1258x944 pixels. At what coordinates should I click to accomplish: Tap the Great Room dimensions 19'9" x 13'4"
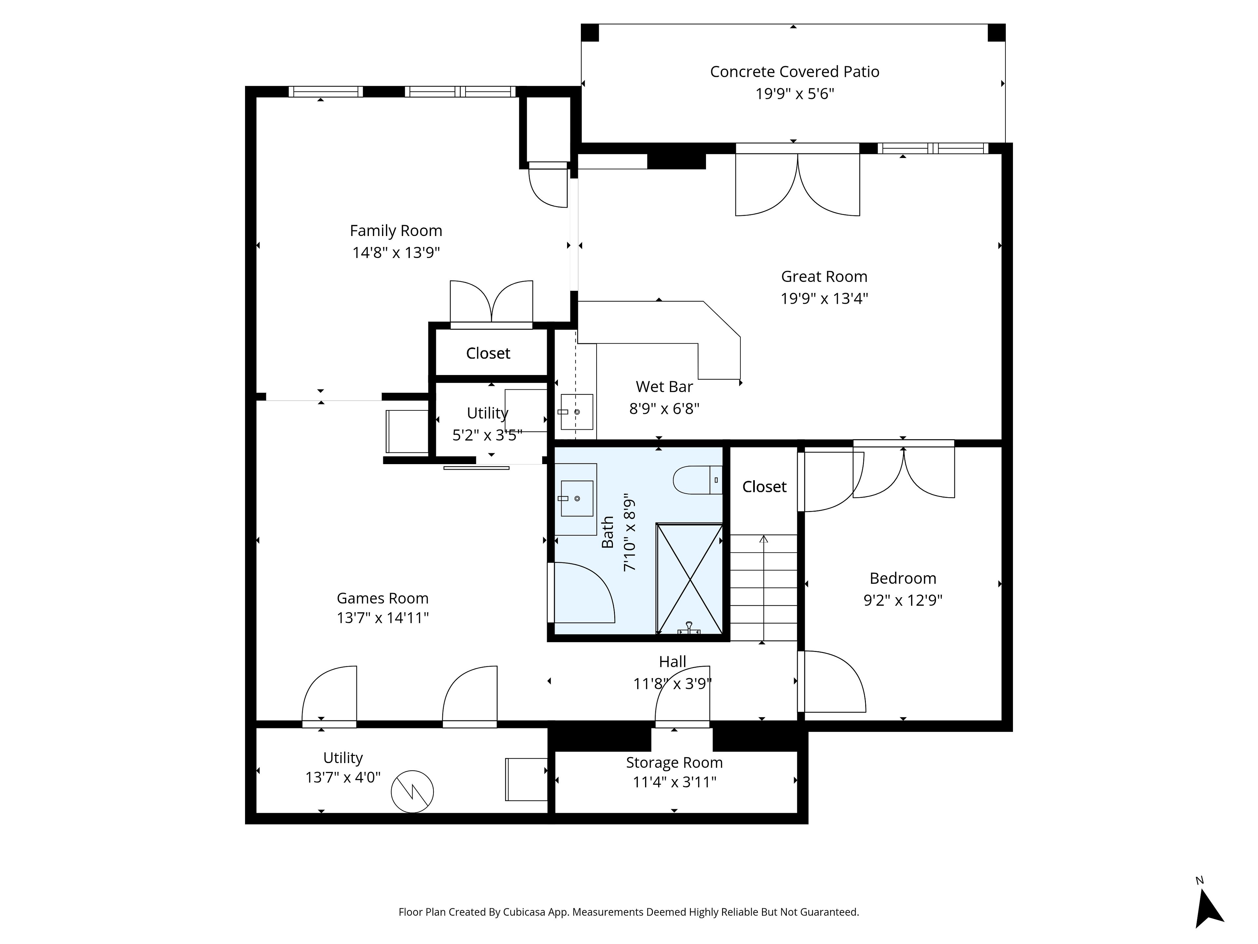[824, 298]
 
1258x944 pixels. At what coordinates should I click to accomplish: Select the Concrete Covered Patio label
[794, 72]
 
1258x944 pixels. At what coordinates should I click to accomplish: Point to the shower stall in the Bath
[689, 578]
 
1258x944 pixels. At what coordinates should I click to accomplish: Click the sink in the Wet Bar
[577, 411]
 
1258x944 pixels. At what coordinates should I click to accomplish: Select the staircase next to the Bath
[763, 588]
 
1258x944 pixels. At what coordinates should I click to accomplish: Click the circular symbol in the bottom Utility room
[412, 792]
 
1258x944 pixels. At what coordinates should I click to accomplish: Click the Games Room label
[382, 598]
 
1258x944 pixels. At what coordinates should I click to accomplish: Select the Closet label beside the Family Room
[488, 353]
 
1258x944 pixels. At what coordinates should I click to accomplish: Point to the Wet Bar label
[664, 387]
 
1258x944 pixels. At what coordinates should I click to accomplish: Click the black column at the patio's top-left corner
[590, 32]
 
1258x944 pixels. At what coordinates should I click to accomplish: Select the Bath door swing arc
[597, 580]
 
